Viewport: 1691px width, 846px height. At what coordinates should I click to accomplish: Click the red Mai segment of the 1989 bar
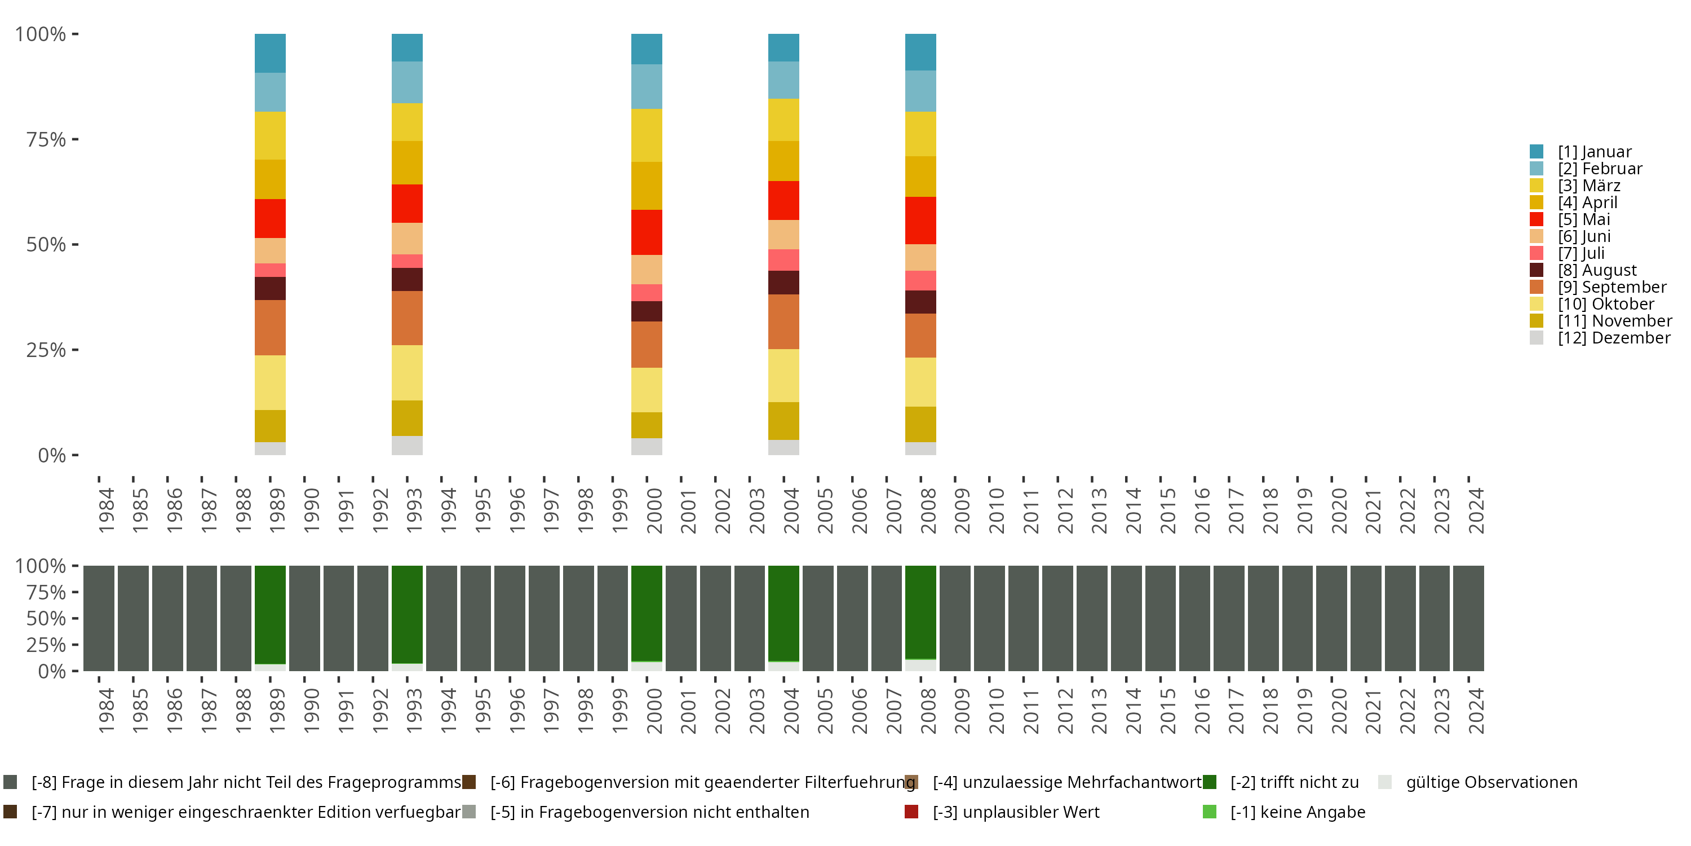click(x=270, y=218)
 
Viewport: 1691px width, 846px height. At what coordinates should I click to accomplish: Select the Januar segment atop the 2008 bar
click(x=920, y=52)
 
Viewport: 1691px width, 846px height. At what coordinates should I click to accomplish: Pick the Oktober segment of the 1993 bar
click(x=407, y=372)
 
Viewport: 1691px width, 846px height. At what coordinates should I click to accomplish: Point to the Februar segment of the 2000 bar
click(x=647, y=86)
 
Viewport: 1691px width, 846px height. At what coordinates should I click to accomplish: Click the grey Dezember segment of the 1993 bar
click(x=407, y=446)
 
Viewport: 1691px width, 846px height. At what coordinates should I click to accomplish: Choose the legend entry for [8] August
click(x=1596, y=270)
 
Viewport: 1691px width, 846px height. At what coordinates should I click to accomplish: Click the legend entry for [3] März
click(x=1588, y=185)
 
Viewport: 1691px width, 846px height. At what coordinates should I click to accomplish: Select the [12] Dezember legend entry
click(x=1614, y=338)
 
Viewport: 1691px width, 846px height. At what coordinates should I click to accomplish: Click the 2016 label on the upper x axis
click(x=1201, y=510)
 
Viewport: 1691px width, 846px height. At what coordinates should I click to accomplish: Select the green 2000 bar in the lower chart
click(x=647, y=613)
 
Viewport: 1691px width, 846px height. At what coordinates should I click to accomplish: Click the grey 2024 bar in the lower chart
click(x=1468, y=618)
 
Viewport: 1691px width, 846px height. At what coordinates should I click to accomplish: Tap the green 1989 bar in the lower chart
click(x=270, y=614)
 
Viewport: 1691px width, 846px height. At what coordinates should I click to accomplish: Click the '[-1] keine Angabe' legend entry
click(x=1297, y=812)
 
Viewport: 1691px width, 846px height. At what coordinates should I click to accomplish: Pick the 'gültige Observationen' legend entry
click(x=1490, y=782)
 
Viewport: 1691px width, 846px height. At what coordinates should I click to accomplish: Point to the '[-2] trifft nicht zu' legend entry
click(x=1293, y=782)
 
